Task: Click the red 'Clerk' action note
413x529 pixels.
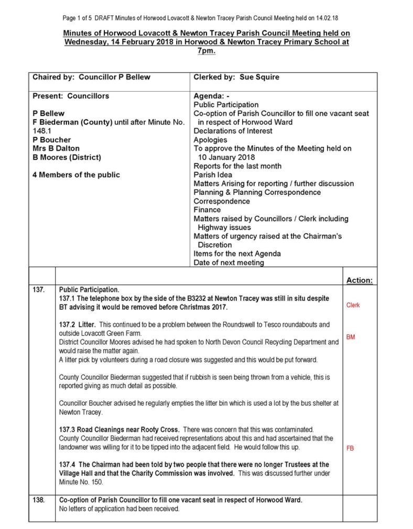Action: (x=353, y=305)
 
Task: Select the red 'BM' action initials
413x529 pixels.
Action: (x=350, y=337)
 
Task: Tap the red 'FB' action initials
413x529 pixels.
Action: (x=350, y=448)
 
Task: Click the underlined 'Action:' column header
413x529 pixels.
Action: (x=359, y=281)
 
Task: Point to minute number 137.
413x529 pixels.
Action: (x=39, y=289)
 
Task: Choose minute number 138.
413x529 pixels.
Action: (x=39, y=500)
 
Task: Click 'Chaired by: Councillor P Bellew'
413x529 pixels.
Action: (x=91, y=77)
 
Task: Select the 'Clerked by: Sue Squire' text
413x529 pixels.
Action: (x=236, y=77)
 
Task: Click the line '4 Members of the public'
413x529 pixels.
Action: (x=76, y=174)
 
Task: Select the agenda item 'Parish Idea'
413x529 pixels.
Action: (x=213, y=174)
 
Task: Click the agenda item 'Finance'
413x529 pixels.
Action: (x=207, y=210)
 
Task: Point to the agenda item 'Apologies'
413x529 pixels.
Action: (x=210, y=140)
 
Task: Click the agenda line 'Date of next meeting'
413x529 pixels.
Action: (x=229, y=262)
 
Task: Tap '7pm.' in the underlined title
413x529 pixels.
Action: (x=207, y=51)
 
